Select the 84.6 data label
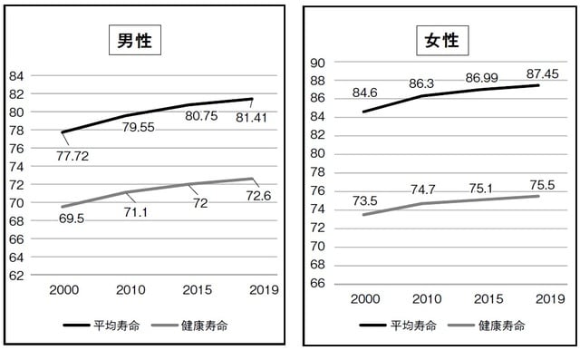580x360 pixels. coord(363,92)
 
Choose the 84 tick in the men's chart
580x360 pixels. coord(16,75)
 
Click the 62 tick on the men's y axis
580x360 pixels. coord(16,275)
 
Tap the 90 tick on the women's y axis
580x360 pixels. coord(317,63)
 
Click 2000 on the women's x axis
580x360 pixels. coord(363,298)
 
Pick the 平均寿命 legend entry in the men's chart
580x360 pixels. coord(101,325)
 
